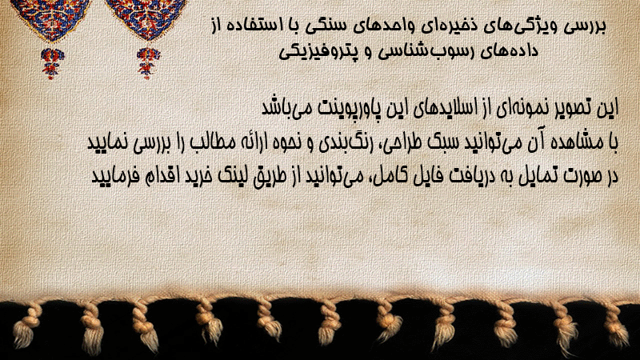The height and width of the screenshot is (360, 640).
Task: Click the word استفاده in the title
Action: point(254,26)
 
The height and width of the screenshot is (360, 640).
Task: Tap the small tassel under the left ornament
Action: point(51,63)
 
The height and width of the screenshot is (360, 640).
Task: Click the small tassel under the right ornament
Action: point(148,63)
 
